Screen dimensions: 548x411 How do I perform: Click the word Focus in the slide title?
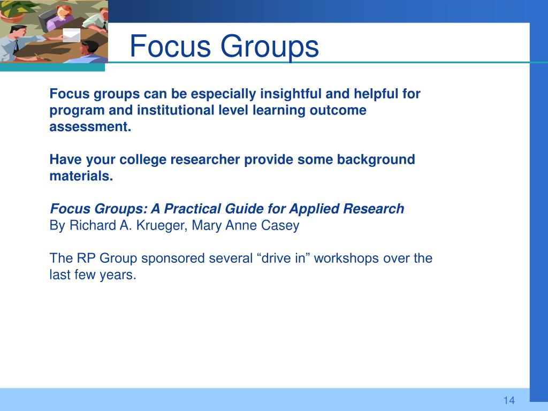pos(170,46)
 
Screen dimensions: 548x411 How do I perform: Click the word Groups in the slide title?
pos(270,47)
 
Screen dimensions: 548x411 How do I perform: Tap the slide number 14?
pos(509,400)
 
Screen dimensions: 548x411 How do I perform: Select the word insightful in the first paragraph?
pos(291,94)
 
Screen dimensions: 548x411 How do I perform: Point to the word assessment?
pos(90,126)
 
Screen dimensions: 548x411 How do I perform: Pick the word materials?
pos(81,176)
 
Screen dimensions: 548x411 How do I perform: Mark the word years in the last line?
pos(118,275)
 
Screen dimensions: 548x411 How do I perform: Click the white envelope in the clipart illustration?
pos(72,35)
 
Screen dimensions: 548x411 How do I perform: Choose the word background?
pos(376,159)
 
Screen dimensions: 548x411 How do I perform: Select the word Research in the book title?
pos(374,209)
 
